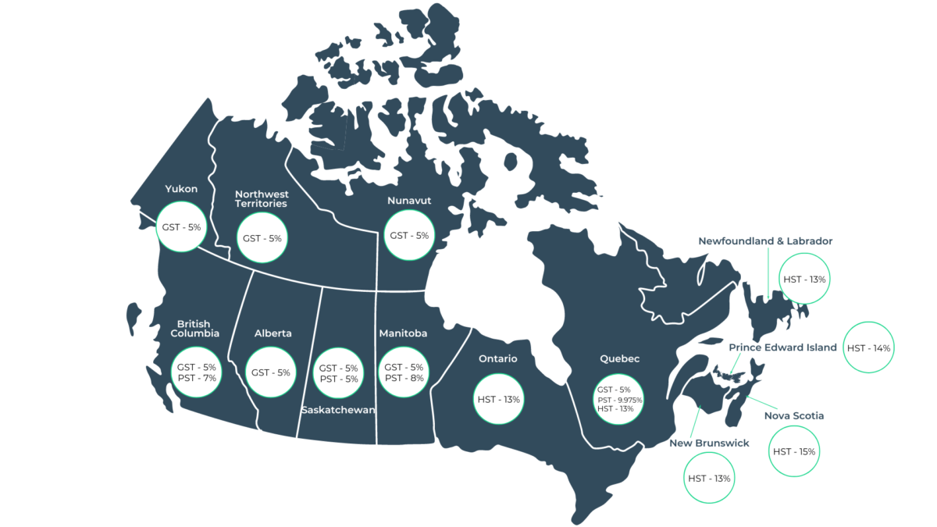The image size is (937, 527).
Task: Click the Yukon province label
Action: tap(182, 188)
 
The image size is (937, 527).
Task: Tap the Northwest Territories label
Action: tap(262, 198)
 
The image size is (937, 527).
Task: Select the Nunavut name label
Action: tap(409, 201)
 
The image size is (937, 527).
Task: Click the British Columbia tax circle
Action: tap(196, 372)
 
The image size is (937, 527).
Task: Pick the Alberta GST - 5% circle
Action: tap(271, 372)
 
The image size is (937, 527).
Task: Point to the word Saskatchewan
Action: tap(338, 409)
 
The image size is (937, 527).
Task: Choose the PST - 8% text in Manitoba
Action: tap(404, 378)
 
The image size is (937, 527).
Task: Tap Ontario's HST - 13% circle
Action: tap(499, 399)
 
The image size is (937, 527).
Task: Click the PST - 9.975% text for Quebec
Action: tap(620, 400)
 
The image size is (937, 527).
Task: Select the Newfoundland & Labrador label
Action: tap(765, 241)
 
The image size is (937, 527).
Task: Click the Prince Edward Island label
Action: tap(782, 347)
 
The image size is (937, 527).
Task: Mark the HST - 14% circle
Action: tap(869, 347)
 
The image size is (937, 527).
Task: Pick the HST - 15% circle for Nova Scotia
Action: tap(794, 451)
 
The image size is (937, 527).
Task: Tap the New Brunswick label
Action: tap(709, 443)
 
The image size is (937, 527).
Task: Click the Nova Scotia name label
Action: tap(794, 415)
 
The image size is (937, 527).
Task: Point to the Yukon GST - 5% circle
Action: tap(182, 227)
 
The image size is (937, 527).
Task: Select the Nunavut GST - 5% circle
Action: tap(409, 235)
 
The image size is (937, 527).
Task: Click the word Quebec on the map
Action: tap(619, 359)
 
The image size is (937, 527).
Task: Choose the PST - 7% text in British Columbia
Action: tap(196, 378)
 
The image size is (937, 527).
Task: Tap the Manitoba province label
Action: tap(403, 333)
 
